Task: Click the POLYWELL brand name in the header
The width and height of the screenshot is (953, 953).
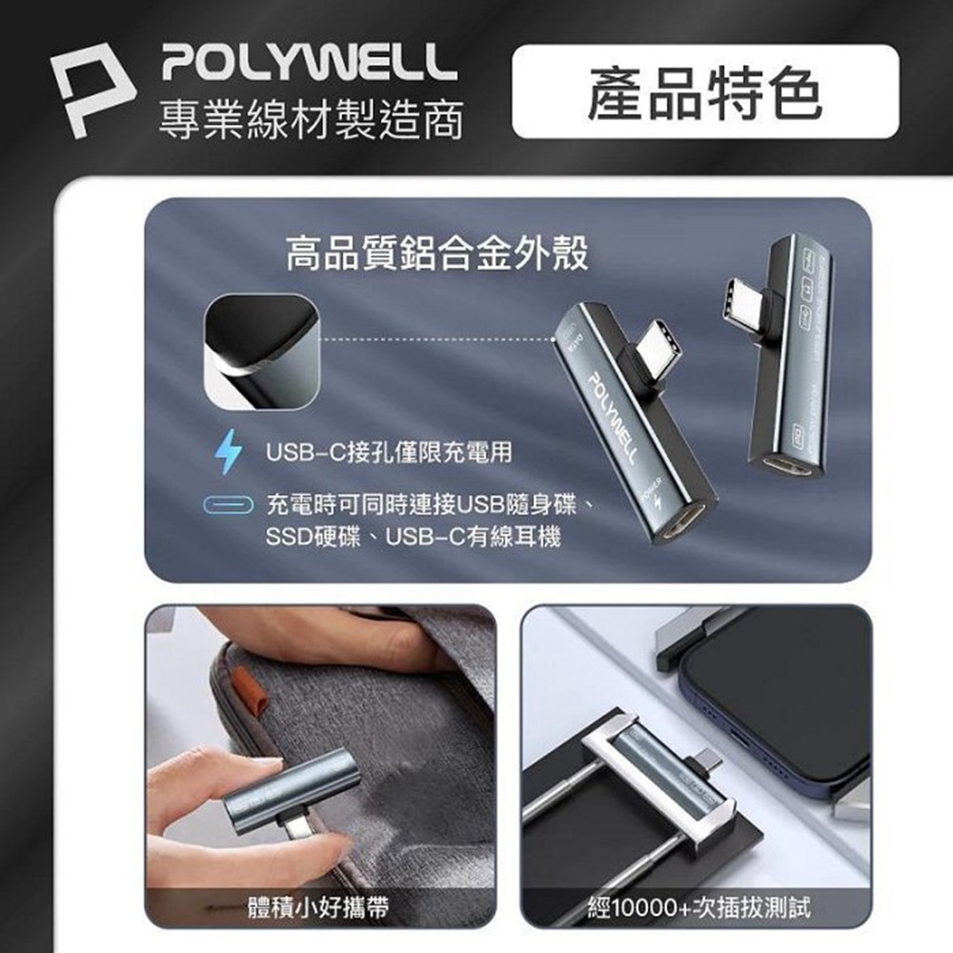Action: pos(304,64)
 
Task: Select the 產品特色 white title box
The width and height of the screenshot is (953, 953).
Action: pos(705,92)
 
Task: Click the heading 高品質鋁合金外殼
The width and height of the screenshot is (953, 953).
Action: pos(438,254)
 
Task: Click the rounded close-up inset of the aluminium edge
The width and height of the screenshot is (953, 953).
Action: pos(259,350)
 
